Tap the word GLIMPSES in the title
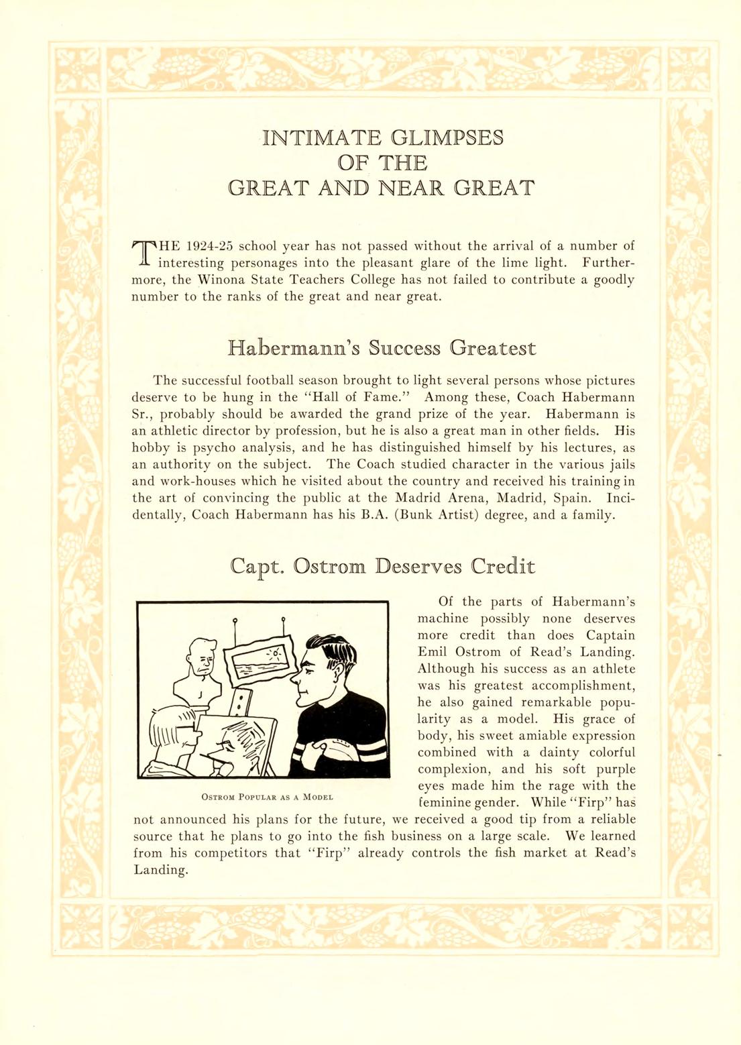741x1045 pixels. pos(447,137)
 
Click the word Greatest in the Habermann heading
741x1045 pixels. pos(493,349)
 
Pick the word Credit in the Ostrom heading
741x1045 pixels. pos(502,567)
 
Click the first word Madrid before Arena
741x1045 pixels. pos(417,498)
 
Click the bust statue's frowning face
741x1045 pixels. pos(203,663)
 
